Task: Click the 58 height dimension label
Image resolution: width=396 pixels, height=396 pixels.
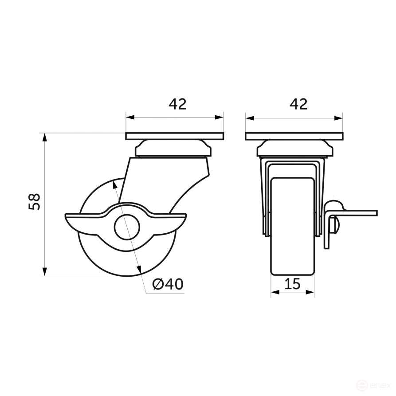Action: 35,202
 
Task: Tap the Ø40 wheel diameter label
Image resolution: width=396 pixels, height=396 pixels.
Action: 168,284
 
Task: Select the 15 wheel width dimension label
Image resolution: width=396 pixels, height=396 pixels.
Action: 293,284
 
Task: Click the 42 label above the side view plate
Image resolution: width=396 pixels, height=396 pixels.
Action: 177,104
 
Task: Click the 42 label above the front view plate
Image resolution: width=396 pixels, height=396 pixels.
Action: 298,104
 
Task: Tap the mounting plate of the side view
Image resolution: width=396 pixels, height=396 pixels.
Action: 175,136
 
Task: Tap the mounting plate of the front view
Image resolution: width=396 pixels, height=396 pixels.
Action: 294,136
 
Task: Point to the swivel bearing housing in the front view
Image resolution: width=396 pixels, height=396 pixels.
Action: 294,149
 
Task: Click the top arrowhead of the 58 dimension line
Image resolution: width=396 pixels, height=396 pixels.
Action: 44,136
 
